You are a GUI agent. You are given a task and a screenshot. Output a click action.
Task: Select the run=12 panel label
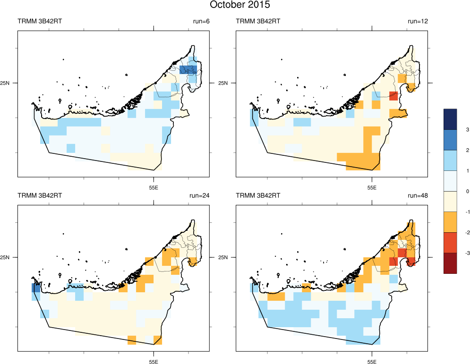[418, 21]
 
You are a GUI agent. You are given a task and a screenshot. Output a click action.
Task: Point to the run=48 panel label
[418, 195]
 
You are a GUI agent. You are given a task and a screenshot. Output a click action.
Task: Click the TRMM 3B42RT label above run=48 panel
[258, 195]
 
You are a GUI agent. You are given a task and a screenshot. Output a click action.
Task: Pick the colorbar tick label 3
[454, 129]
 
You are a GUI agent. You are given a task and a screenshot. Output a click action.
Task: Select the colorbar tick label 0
[454, 191]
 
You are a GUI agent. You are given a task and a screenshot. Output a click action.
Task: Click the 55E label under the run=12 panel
[372, 187]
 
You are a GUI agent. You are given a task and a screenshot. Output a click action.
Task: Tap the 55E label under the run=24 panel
[154, 362]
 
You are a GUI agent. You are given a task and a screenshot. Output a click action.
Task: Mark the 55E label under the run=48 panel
[372, 362]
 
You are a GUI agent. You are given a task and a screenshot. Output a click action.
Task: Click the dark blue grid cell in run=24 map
[36, 288]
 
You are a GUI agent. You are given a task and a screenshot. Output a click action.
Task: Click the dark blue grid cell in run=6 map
[188, 70]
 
